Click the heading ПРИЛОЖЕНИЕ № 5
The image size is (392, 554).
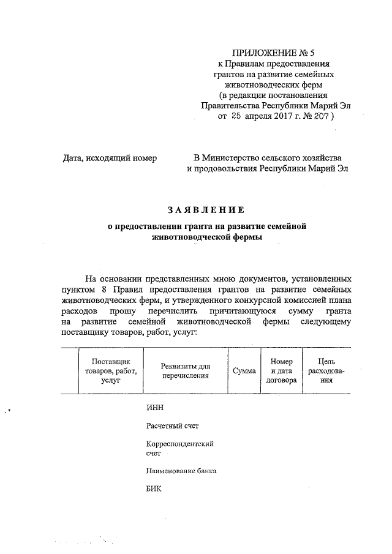(274, 53)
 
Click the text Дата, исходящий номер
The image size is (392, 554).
(110, 158)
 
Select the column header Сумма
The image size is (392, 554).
(244, 371)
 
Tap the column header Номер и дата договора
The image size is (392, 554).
(282, 371)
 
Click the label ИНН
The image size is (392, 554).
(156, 408)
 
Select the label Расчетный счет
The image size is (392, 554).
(173, 426)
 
